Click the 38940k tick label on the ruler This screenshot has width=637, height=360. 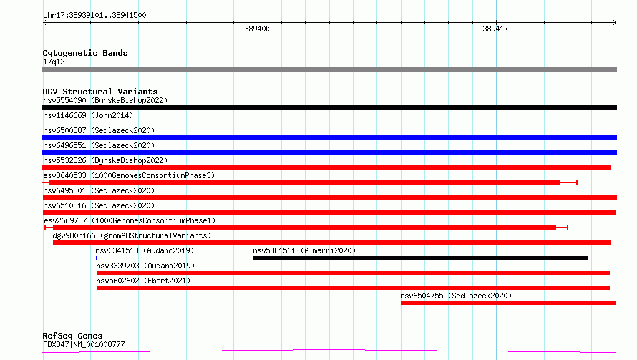(257, 29)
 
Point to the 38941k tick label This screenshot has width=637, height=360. (495, 29)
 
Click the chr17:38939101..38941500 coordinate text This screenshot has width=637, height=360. (94, 15)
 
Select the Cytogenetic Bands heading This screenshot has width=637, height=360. (85, 53)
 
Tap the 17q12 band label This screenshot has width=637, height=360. (54, 62)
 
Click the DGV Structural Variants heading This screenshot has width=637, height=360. (100, 92)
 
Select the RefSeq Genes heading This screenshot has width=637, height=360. (72, 336)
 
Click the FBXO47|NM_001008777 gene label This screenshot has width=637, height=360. (84, 344)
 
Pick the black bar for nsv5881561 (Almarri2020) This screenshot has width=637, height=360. (420, 258)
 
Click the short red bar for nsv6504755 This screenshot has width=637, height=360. (508, 303)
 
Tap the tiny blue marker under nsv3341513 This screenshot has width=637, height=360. (97, 258)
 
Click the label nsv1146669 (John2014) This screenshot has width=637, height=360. (88, 115)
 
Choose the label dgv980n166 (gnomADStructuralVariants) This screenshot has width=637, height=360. (132, 235)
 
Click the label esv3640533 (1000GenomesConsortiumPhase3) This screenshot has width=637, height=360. (129, 175)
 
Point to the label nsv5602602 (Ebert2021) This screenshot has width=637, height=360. (143, 281)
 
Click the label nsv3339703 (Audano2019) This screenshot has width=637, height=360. (145, 266)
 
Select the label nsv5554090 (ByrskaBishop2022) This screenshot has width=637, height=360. (105, 100)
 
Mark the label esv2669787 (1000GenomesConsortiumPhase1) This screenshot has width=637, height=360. (130, 220)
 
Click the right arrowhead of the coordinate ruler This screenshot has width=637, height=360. (616, 22)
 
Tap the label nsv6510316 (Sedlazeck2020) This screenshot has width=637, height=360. (99, 205)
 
